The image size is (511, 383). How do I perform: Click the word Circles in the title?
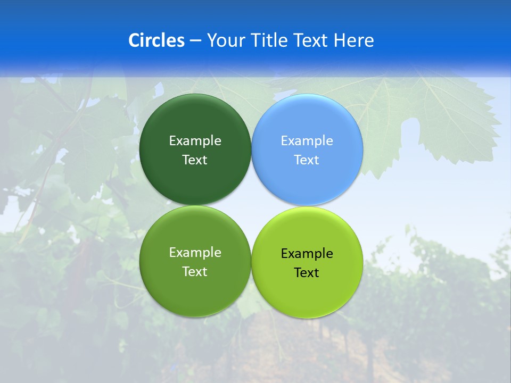click(156, 40)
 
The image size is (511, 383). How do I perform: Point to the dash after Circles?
click(195, 41)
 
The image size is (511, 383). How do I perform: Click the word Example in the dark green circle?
click(195, 141)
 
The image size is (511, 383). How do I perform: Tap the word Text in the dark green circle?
click(195, 160)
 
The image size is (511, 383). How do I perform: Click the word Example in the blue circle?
click(307, 141)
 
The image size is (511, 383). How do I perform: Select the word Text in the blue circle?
click(307, 160)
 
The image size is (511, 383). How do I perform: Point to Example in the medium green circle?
click(195, 253)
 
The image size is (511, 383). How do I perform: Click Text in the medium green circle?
click(195, 272)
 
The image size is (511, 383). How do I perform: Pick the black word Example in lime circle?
click(307, 254)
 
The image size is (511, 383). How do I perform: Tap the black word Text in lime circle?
click(307, 273)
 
